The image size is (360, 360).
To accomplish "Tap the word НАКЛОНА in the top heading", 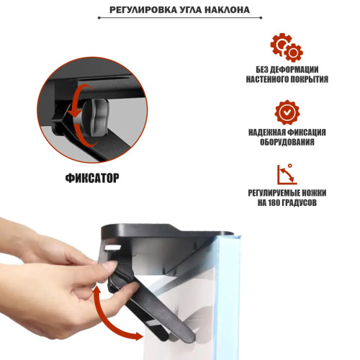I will point(227,11).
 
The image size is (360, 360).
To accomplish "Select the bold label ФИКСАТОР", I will point(91,177).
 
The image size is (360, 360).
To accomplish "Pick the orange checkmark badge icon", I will point(287,112).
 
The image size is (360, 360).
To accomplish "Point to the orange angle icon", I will point(287,175).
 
